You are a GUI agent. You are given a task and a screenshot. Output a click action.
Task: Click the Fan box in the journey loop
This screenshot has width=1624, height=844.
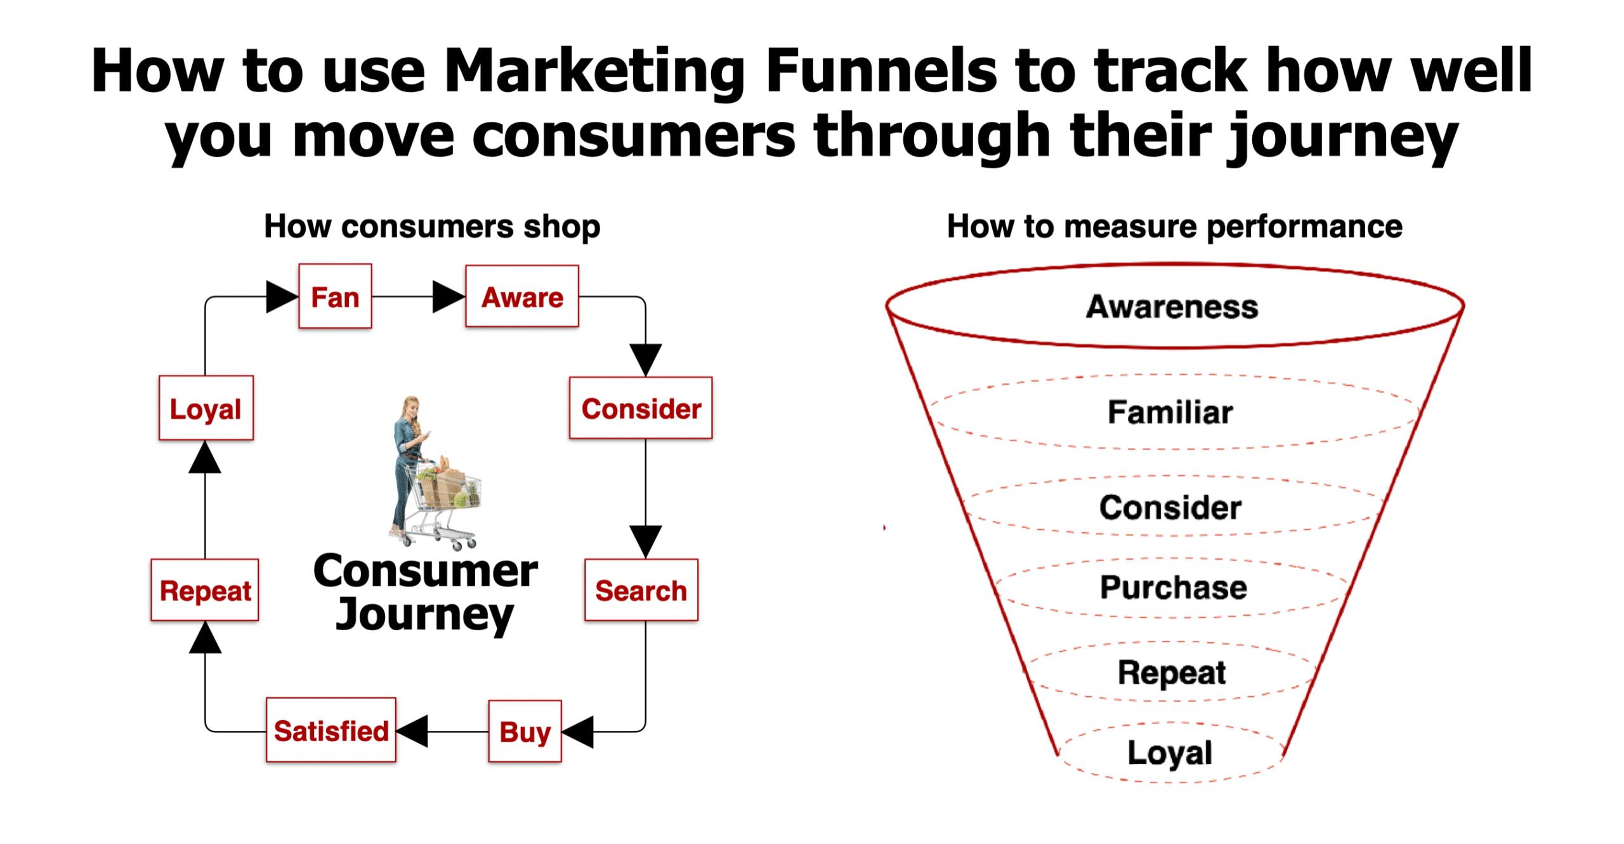334,296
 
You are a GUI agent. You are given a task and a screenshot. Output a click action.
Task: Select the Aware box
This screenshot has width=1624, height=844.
521,296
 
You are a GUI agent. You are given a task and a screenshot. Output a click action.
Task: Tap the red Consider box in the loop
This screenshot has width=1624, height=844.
640,407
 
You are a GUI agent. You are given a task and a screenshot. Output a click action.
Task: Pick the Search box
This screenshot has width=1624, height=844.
641,590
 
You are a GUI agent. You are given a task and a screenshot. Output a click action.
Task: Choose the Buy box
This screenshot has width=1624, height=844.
525,730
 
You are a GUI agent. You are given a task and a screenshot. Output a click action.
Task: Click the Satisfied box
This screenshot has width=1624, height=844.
331,729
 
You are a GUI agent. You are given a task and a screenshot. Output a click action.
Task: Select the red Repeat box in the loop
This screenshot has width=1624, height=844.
204,590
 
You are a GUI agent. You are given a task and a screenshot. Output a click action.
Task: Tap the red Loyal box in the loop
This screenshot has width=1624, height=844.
206,407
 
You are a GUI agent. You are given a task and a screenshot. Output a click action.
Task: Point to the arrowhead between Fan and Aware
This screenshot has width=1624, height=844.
449,296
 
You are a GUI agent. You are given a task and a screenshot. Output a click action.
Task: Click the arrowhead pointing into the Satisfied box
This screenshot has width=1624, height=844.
412,731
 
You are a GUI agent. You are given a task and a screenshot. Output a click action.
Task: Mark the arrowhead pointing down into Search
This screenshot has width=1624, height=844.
645,542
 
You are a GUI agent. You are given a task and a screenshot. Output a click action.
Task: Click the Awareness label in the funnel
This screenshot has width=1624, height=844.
1172,307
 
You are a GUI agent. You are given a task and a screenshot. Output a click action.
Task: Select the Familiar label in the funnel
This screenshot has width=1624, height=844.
1170,412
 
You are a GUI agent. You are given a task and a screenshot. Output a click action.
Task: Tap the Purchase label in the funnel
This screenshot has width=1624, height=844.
1173,587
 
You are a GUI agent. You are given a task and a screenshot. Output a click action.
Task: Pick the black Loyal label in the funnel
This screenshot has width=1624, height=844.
1170,754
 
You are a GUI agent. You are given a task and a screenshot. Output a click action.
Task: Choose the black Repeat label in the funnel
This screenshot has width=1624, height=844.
1172,673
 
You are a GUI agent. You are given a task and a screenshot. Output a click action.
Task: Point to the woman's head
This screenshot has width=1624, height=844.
412,406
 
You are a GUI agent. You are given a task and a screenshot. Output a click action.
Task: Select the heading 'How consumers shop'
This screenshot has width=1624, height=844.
432,227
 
